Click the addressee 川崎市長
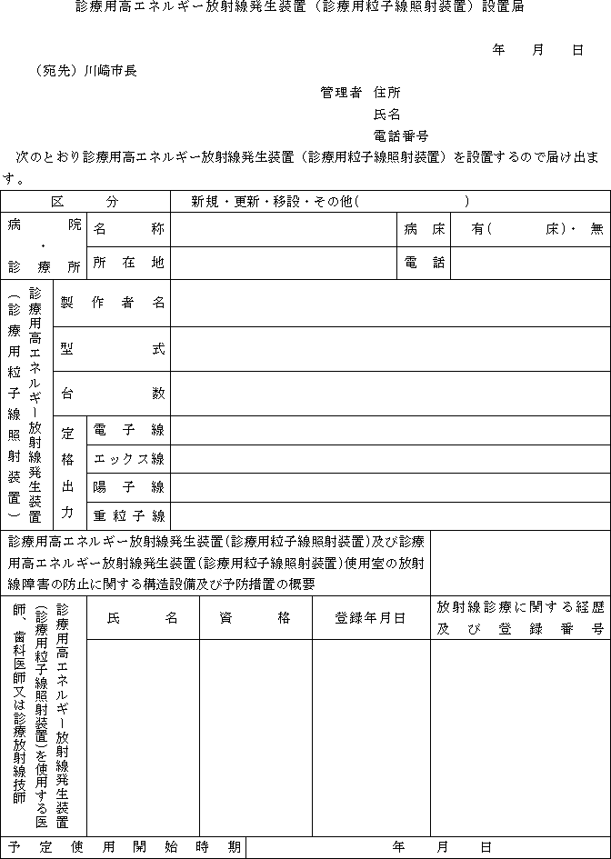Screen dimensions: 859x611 [111, 70]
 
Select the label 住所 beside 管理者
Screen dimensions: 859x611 [386, 93]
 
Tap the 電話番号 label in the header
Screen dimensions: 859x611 [400, 135]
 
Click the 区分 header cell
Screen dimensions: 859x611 [85, 202]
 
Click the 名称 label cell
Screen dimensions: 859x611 [128, 230]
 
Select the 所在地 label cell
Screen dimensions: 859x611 [128, 263]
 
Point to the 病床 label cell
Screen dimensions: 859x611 [425, 230]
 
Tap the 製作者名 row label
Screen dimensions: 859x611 [113, 304]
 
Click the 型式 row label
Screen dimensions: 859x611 [113, 349]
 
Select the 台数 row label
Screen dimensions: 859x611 [113, 394]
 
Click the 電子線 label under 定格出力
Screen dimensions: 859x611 [128, 430]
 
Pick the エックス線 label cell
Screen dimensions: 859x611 [128, 458]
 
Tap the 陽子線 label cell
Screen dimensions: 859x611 [128, 487]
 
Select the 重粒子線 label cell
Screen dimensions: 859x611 [128, 516]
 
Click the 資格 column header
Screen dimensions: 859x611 [255, 618]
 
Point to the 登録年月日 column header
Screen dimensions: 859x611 [370, 618]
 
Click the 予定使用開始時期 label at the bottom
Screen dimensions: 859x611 [123, 847]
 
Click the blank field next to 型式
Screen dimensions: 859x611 [390, 349]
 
